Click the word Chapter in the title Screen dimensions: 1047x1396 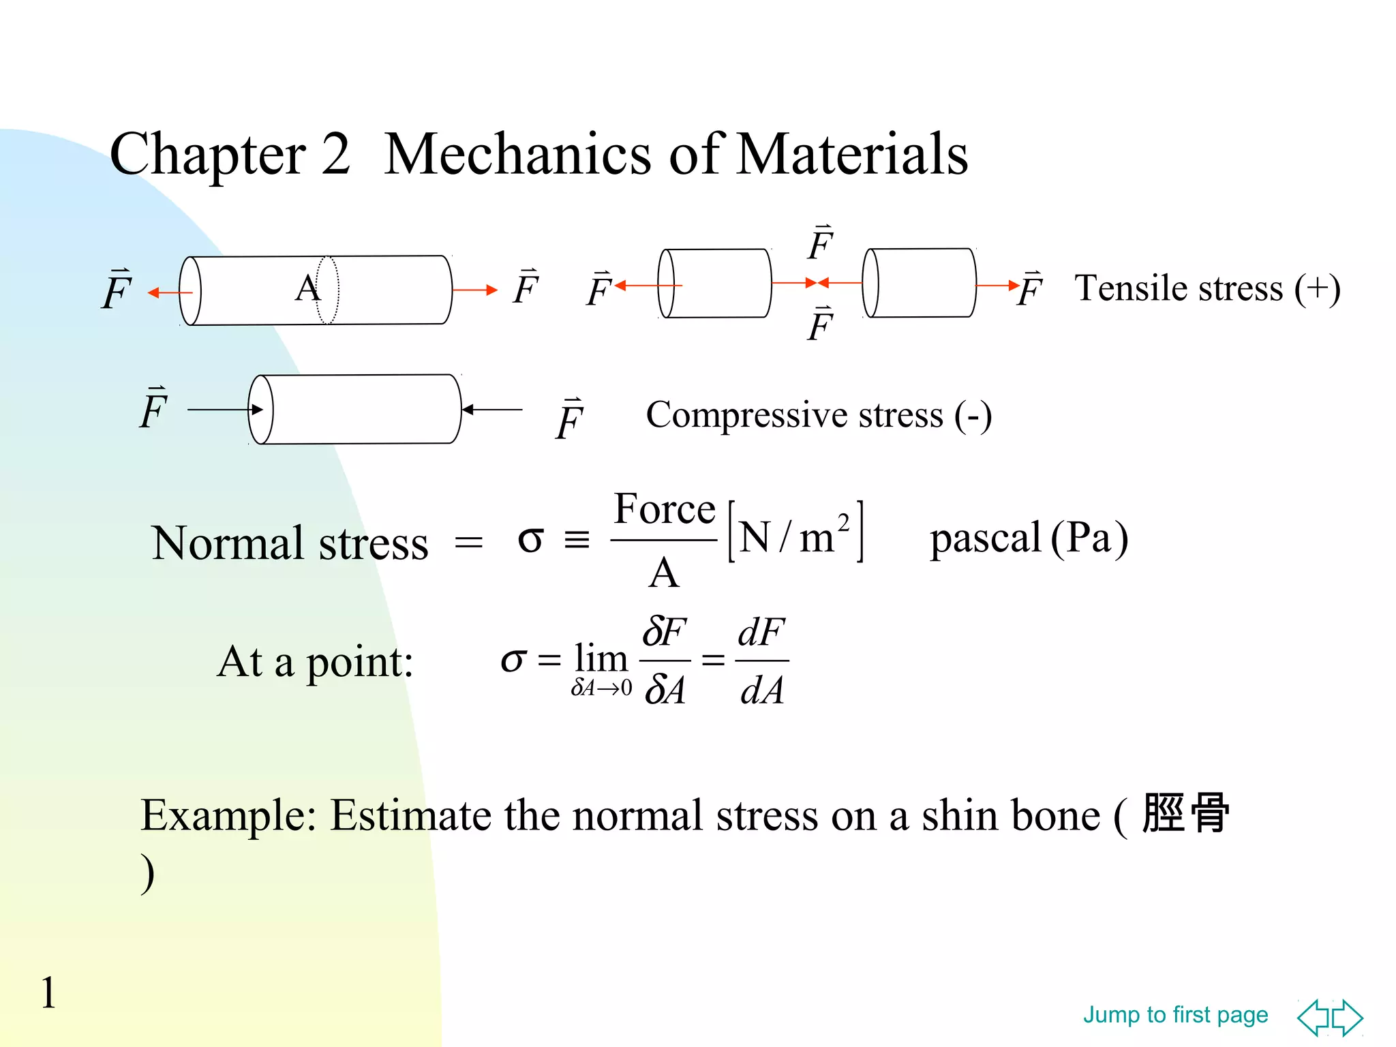[207, 155]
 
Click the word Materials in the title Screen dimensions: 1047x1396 [852, 154]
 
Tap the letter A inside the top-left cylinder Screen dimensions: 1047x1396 [307, 288]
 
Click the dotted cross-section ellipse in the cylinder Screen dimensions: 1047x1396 [328, 290]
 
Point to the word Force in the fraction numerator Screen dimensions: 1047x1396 [665, 509]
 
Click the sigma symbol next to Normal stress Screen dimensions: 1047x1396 [530, 540]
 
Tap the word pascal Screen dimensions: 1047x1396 [986, 538]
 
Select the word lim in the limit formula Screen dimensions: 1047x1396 [601, 658]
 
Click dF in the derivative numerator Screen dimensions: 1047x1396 [761, 632]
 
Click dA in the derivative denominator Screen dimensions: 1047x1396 [761, 690]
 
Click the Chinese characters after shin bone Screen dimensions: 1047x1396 [1186, 813]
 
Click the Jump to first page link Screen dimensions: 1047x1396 [1175, 1015]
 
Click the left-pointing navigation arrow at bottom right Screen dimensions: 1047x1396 [1313, 1018]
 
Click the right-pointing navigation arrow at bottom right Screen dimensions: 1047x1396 [1348, 1018]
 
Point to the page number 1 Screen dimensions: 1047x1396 [48, 992]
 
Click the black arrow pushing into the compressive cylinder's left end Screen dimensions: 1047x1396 [225, 410]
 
